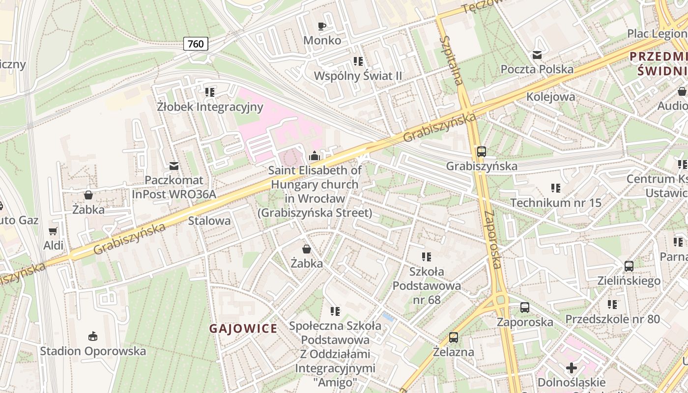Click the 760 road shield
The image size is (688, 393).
(x=196, y=44)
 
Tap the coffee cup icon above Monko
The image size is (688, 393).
(x=322, y=26)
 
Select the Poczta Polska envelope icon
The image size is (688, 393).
(x=537, y=55)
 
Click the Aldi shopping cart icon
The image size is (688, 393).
(x=53, y=231)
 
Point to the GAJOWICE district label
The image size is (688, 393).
(x=243, y=329)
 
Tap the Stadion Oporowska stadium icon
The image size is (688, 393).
(x=92, y=337)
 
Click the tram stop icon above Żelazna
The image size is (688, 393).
(x=454, y=337)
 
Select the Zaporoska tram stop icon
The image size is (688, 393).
(x=525, y=308)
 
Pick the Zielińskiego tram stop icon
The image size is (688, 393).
(x=629, y=266)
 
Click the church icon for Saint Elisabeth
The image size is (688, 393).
(x=315, y=156)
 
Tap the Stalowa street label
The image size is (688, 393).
(x=209, y=221)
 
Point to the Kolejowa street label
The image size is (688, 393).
(x=550, y=96)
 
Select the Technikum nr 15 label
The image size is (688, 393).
(x=555, y=202)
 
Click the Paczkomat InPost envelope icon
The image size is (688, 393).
(x=173, y=166)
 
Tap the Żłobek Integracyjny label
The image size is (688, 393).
(x=210, y=107)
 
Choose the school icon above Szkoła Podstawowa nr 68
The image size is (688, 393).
(x=426, y=256)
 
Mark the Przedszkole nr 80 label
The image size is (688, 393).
(x=612, y=319)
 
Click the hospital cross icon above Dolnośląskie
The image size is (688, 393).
(x=572, y=367)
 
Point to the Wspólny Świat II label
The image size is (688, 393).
(x=358, y=76)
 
